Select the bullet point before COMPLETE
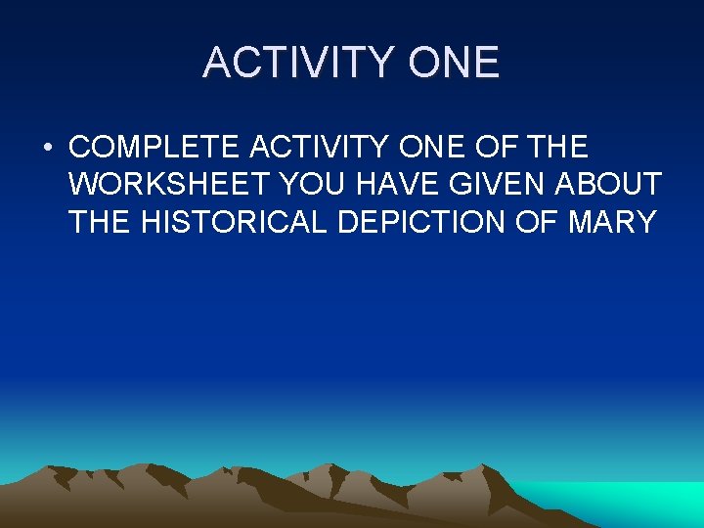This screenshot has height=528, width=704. pyautogui.click(x=47, y=148)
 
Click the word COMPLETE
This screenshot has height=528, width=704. pyautogui.click(x=155, y=148)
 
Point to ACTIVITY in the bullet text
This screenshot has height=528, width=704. pyautogui.click(x=327, y=148)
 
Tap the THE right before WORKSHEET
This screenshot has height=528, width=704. pyautogui.click(x=560, y=148)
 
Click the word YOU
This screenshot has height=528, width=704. pyautogui.click(x=315, y=185)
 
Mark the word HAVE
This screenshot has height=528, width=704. pyautogui.click(x=401, y=185)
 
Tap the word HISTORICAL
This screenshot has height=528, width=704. pyautogui.click(x=236, y=222)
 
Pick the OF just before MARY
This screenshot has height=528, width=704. pyautogui.click(x=538, y=222)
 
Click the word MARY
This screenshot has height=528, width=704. pyautogui.click(x=611, y=222)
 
